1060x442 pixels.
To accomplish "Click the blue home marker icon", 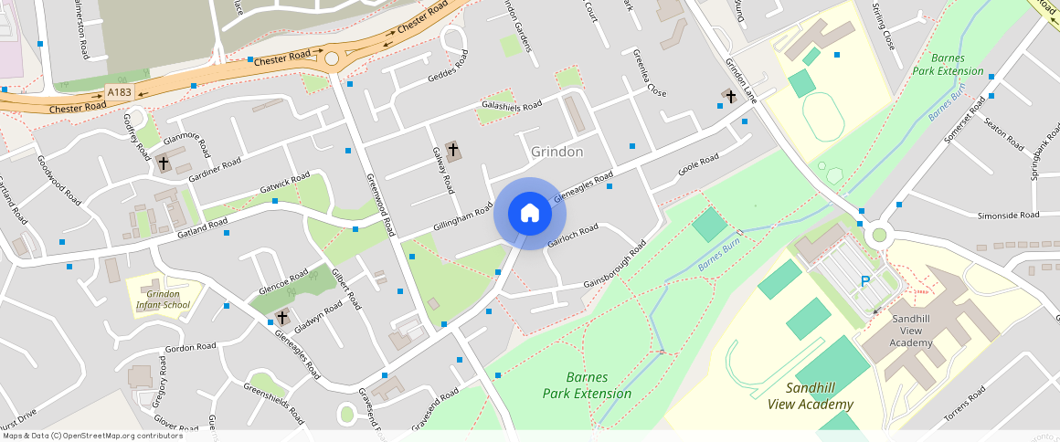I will pyautogui.click(x=530, y=215).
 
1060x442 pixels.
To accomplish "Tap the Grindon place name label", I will pyautogui.click(x=556, y=151).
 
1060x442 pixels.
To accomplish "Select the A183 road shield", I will pyautogui.click(x=120, y=92).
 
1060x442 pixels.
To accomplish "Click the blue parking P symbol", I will pyautogui.click(x=865, y=281).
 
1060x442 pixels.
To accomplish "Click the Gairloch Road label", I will pyautogui.click(x=573, y=235).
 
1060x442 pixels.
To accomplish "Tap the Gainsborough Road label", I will pyautogui.click(x=615, y=265).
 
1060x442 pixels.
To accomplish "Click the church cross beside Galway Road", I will pyautogui.click(x=452, y=148).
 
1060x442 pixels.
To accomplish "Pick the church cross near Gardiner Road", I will pyautogui.click(x=164, y=163).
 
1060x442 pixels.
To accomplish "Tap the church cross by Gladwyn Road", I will pyautogui.click(x=282, y=318).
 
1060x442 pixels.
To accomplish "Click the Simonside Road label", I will pyautogui.click(x=1008, y=216).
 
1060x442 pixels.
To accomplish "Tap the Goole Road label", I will pyautogui.click(x=698, y=164).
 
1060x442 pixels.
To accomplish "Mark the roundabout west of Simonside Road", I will pyautogui.click(x=879, y=235).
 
